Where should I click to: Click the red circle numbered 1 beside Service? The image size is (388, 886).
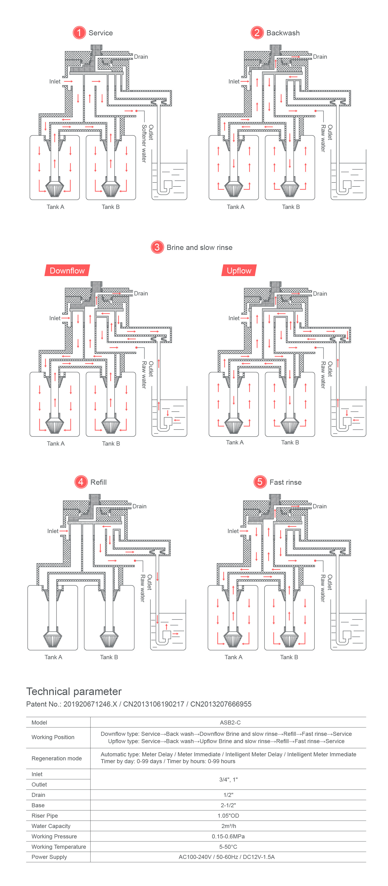(79, 33)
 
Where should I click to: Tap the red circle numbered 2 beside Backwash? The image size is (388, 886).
(257, 33)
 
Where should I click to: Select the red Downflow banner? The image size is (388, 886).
(67, 271)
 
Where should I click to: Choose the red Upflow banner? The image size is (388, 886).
(239, 271)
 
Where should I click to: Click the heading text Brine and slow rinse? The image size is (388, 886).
(199, 247)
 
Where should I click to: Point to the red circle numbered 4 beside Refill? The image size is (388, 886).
(81, 482)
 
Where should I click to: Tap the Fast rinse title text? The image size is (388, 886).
(285, 482)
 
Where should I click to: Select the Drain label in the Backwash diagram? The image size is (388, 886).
(320, 57)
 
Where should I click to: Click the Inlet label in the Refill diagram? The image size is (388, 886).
(53, 531)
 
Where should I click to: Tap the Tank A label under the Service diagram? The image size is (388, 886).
(55, 207)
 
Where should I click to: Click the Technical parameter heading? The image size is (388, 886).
(74, 691)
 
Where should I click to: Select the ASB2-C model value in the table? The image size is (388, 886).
(230, 722)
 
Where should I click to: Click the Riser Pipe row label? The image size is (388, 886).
(45, 816)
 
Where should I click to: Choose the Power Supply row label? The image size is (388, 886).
(49, 857)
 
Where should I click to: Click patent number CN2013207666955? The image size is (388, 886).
(221, 704)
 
